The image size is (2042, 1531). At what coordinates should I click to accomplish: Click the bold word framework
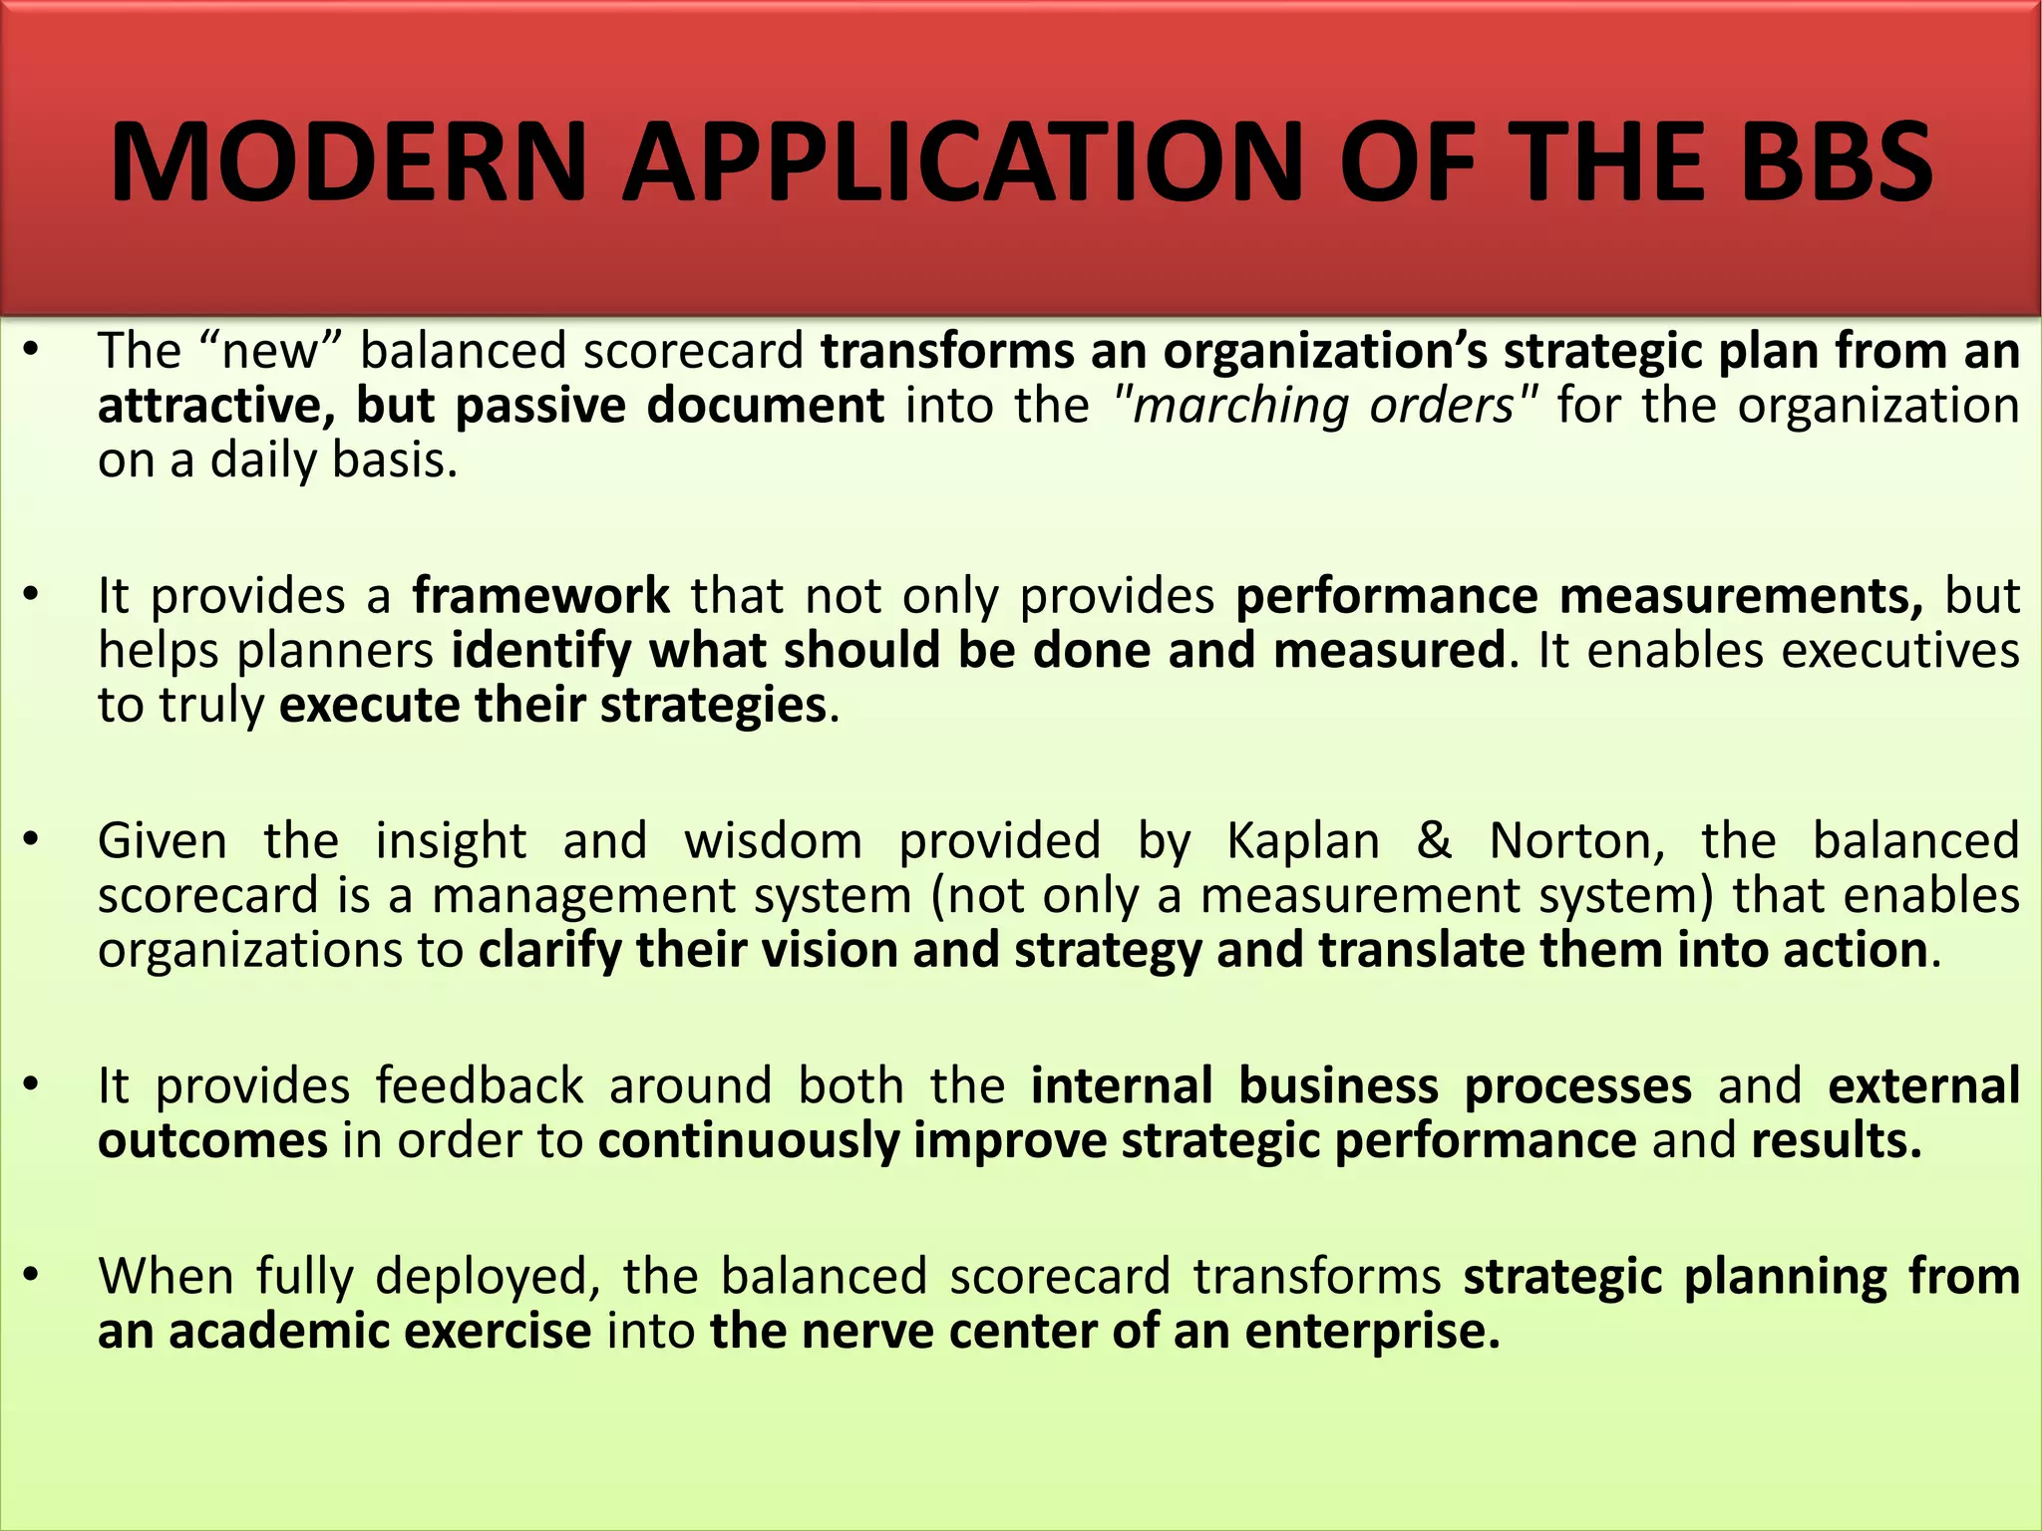click(541, 596)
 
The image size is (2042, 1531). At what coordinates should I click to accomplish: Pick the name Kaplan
click(1303, 841)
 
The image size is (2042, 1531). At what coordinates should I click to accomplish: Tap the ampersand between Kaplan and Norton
click(1434, 839)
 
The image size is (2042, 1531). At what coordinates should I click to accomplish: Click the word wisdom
click(773, 841)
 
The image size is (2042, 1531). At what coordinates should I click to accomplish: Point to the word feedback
click(480, 1085)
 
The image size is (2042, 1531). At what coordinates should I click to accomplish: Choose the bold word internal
click(1122, 1085)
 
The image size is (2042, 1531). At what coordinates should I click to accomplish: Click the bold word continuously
click(749, 1141)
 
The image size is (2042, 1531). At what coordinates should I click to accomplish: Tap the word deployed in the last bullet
click(489, 1278)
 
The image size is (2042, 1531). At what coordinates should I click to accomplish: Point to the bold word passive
click(539, 407)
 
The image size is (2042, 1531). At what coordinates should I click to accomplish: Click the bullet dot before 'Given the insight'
click(32, 840)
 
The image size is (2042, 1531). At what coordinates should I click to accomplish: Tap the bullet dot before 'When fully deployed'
click(32, 1276)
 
